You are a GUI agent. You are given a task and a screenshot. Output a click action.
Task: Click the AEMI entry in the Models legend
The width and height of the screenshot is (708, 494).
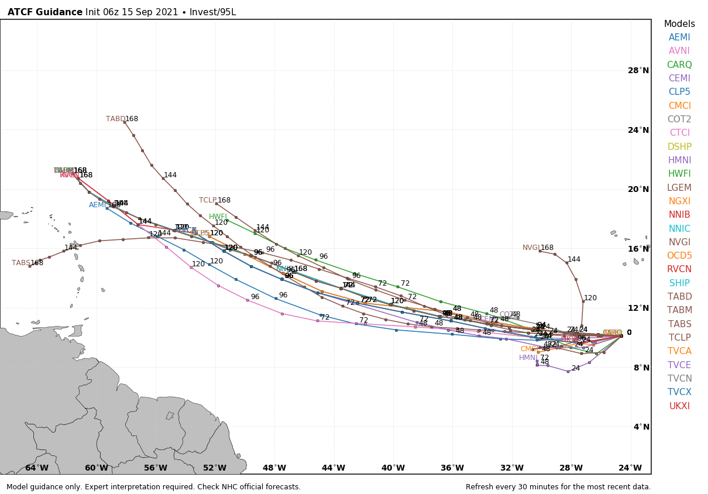pos(679,37)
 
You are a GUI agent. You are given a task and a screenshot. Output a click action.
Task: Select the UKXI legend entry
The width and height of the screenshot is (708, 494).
pos(679,406)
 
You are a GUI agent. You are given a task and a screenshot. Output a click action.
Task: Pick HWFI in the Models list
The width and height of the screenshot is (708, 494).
pos(679,174)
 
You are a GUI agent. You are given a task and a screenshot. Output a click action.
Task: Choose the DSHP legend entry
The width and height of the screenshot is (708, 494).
pos(679,147)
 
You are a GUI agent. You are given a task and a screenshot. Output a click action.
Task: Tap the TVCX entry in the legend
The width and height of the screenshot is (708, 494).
pos(679,392)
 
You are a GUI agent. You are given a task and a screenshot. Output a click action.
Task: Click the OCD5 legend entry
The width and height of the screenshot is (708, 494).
pos(679,256)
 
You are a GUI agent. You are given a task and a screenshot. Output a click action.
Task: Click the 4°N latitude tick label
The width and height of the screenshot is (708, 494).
pos(641,427)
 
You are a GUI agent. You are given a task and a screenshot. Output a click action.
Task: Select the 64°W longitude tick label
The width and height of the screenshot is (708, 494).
pos(37,468)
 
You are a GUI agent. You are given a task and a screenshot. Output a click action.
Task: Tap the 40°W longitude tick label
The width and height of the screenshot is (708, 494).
pos(393,468)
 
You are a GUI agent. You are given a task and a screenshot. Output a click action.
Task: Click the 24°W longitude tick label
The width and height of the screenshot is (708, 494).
pos(630,468)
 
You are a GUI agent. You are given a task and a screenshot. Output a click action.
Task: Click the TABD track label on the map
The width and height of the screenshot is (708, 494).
pos(115,119)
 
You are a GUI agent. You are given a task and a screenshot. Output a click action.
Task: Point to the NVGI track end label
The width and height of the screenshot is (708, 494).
pos(531,248)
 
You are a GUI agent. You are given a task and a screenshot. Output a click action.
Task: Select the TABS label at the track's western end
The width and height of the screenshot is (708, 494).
pos(20,263)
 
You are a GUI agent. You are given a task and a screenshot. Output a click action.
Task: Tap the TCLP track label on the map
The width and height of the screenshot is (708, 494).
pos(208,200)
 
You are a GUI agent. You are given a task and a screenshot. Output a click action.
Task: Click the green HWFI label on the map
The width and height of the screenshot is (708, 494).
pos(218,217)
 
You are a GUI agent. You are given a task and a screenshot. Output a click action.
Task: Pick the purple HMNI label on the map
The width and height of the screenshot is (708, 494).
pos(528,358)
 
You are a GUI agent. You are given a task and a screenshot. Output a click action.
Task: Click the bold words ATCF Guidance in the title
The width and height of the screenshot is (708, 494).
pos(45,12)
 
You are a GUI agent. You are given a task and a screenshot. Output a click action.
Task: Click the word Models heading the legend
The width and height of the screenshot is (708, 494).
pos(679,24)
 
